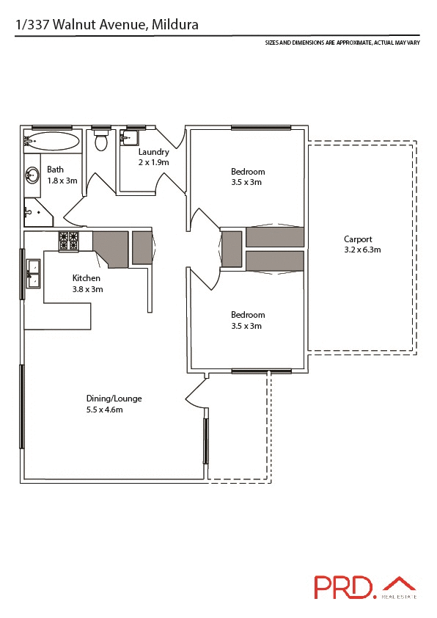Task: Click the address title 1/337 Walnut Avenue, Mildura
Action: click(x=107, y=25)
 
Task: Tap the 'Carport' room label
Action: click(x=359, y=239)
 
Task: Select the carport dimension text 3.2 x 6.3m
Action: click(x=362, y=250)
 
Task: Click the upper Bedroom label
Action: click(x=248, y=172)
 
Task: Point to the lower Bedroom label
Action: click(x=248, y=315)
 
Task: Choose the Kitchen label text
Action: click(x=87, y=278)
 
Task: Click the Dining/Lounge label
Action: click(x=114, y=399)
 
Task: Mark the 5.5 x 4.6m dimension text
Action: click(x=104, y=410)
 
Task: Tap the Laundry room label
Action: click(x=154, y=152)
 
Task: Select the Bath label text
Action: click(x=56, y=169)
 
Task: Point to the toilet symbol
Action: click(x=101, y=140)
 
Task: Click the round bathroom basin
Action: click(x=33, y=175)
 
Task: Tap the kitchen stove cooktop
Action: click(x=69, y=240)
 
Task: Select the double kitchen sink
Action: click(x=34, y=272)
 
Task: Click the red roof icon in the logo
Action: click(x=399, y=584)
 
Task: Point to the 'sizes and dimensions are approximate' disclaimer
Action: click(x=342, y=43)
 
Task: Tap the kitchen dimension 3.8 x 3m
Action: click(x=87, y=289)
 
